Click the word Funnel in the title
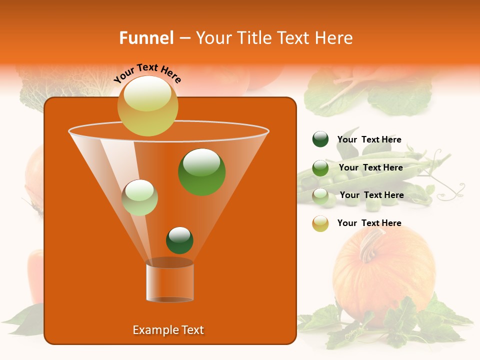146,38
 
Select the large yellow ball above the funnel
147,105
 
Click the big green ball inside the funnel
202,171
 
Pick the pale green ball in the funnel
140,197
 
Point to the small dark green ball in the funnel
179,240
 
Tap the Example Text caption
168,330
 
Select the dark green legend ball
320,139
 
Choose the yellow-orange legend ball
320,223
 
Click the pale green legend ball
320,196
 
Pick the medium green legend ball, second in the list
320,168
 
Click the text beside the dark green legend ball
369,139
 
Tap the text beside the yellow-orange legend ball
369,223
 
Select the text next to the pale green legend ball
371,195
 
